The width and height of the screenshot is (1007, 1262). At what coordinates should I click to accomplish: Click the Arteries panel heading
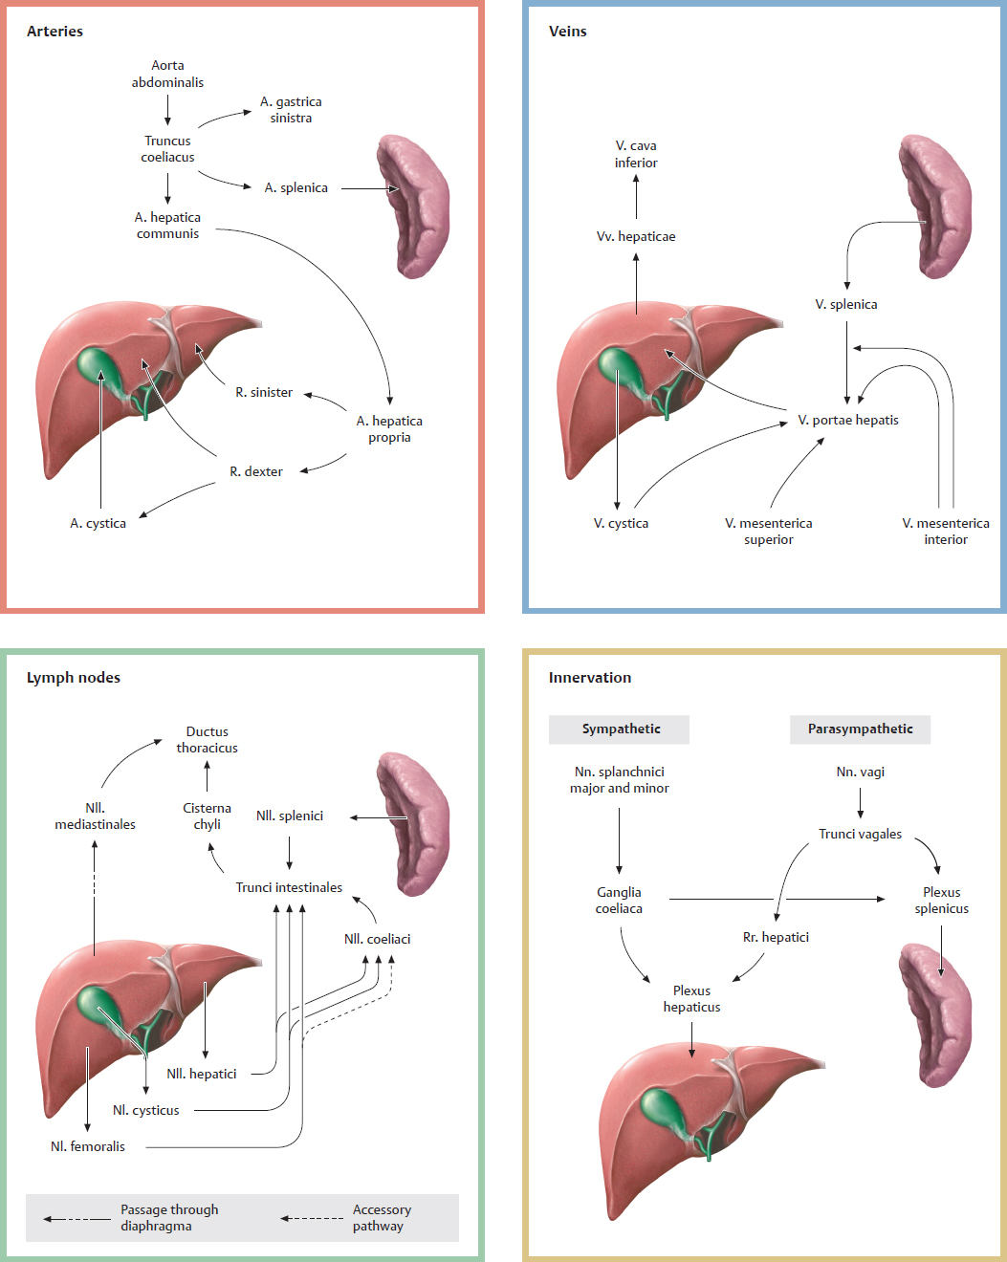[55, 32]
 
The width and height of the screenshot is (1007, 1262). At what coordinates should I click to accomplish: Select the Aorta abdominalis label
[167, 74]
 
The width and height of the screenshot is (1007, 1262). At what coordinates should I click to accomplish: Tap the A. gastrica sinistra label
[291, 110]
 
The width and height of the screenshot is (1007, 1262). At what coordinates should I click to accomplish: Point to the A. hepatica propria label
[389, 428]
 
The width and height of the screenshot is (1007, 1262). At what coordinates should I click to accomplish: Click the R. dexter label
[256, 471]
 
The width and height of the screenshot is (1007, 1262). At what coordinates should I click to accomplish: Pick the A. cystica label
[98, 523]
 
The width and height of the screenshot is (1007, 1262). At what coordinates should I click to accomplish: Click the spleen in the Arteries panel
[413, 206]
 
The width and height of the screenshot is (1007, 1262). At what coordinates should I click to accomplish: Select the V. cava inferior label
[636, 154]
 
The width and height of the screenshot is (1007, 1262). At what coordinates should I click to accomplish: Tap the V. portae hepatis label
[848, 420]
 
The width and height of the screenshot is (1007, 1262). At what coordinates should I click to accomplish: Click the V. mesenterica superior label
[769, 531]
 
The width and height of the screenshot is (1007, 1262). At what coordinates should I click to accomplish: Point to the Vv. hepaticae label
[636, 236]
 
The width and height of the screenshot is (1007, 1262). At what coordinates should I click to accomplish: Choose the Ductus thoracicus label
[207, 739]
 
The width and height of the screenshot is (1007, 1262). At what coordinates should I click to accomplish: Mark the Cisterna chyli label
[207, 816]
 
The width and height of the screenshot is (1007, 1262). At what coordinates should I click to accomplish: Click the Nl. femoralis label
[88, 1146]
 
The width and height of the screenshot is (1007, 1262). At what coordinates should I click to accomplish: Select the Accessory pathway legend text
[381, 1217]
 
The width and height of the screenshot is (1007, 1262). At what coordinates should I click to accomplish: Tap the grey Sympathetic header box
[620, 729]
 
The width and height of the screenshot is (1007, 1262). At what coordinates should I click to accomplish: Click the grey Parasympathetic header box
[860, 729]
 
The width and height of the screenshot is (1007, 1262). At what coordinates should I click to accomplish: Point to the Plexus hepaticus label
[691, 998]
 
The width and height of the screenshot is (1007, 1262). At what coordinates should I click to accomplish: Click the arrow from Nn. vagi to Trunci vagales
[861, 802]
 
